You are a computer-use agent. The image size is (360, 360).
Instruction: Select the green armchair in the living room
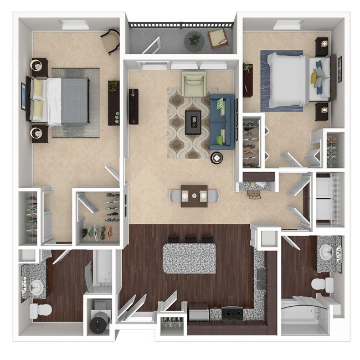[194, 84]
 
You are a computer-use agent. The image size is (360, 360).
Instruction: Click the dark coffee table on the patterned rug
[193, 121]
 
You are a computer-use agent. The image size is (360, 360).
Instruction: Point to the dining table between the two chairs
[194, 196]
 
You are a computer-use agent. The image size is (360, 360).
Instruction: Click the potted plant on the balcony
[194, 40]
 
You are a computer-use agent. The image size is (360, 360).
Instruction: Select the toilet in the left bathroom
[40, 308]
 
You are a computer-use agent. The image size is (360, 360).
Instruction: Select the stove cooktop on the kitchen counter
[232, 313]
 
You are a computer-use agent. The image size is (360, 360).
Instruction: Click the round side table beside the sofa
[216, 157]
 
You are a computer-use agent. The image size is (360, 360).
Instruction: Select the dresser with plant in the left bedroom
[114, 102]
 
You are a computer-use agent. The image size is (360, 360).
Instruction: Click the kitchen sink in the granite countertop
[260, 277]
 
